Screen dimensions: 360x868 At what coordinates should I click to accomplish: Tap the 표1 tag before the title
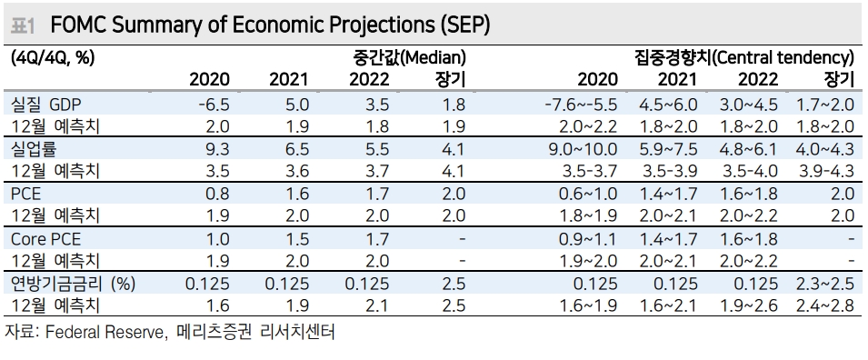[x=21, y=25]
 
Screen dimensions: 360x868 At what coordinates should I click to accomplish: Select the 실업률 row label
[x=32, y=149]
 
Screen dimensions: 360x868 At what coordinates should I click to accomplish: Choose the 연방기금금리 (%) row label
[x=71, y=284]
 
